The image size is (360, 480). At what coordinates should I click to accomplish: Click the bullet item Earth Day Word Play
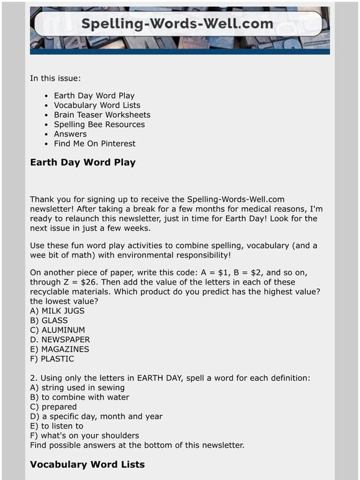(94, 96)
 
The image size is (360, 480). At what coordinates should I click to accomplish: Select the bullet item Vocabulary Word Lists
(97, 105)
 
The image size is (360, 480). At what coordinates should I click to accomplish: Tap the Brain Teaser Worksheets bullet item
(102, 115)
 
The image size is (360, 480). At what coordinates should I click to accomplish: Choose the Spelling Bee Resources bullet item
(99, 125)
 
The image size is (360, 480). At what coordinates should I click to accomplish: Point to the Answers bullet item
(70, 134)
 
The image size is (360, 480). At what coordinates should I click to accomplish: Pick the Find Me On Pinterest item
(94, 143)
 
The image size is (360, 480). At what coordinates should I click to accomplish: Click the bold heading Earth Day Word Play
(83, 163)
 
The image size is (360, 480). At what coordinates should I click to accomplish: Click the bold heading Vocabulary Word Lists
(88, 464)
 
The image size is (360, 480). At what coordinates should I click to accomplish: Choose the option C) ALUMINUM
(58, 331)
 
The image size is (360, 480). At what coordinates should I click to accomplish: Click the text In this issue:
(55, 79)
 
